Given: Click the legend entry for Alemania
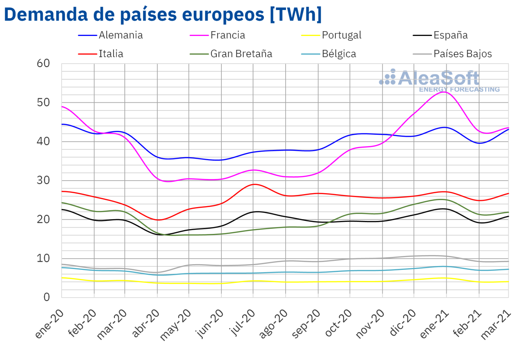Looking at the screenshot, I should pyautogui.click(x=120, y=35).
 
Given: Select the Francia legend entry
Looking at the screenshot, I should pyautogui.click(x=228, y=35).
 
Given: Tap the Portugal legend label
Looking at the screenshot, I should pyautogui.click(x=341, y=35).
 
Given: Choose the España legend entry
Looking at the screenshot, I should pyautogui.click(x=451, y=35).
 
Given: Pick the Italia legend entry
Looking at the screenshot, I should pyautogui.click(x=111, y=54).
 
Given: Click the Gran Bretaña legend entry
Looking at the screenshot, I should pyautogui.click(x=241, y=54).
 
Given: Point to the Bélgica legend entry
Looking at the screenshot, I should pyautogui.click(x=339, y=54).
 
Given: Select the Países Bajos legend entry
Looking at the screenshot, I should pyautogui.click(x=463, y=54).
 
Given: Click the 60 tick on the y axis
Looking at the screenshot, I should pyautogui.click(x=43, y=64).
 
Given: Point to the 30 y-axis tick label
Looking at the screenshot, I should pyautogui.click(x=43, y=180).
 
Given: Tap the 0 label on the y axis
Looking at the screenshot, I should pyautogui.click(x=47, y=297).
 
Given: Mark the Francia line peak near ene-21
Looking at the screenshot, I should pyautogui.click(x=444, y=92).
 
